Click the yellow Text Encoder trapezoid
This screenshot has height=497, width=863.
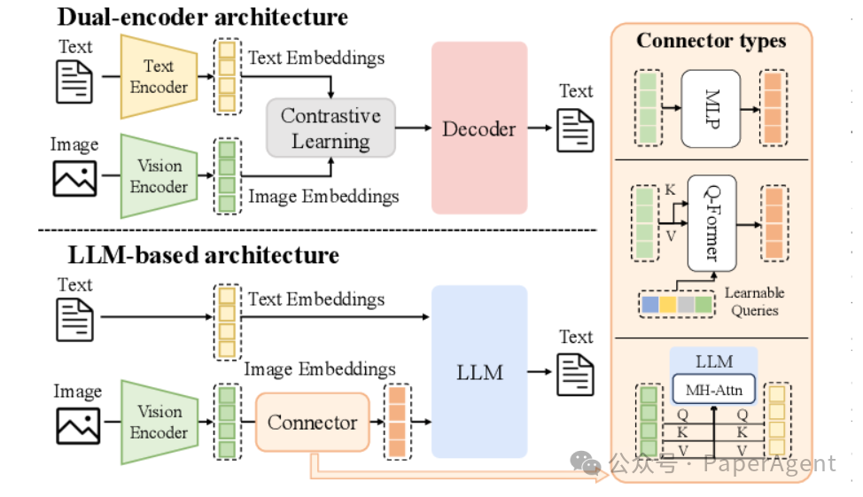[159, 76]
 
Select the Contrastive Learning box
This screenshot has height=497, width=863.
[330, 128]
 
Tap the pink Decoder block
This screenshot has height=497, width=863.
[478, 128]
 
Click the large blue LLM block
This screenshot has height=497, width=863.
[478, 371]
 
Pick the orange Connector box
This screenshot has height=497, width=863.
[312, 422]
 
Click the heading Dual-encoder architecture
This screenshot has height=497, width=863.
[203, 16]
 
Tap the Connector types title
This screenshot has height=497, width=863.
[711, 41]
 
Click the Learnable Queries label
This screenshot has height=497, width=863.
[754, 301]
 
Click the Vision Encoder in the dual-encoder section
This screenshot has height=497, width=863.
[159, 176]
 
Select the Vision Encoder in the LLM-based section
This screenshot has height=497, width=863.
[159, 422]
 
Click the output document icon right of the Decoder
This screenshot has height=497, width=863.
[575, 130]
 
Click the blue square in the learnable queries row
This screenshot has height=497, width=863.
[649, 305]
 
